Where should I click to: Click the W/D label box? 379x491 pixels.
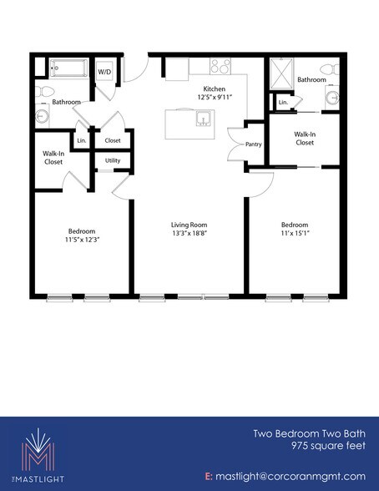click(105, 71)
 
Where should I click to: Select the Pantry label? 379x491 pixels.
click(255, 144)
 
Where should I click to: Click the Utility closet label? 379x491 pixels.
click(112, 161)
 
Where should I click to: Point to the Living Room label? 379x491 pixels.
click(189, 225)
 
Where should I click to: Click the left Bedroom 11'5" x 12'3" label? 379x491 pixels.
click(82, 231)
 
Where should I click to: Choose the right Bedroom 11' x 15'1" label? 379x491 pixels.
click(295, 225)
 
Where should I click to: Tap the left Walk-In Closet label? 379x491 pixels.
click(55, 158)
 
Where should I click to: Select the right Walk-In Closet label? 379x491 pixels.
click(303, 138)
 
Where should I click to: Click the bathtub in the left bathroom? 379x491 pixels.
click(66, 69)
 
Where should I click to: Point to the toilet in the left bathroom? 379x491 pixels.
click(47, 89)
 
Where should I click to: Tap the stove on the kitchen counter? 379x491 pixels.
click(220, 64)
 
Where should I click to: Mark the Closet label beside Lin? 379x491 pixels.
click(112, 140)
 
